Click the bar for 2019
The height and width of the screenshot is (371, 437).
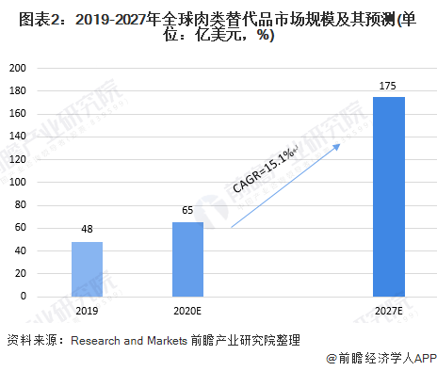[x=87, y=269]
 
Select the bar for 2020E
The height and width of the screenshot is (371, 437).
[x=187, y=259]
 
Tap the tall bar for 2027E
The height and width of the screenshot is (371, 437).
[x=389, y=197]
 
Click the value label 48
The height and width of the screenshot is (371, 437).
[x=87, y=229]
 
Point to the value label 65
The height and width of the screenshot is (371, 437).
[x=187, y=210]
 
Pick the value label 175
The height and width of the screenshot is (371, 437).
[x=388, y=86]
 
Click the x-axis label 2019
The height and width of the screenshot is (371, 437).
[x=87, y=311]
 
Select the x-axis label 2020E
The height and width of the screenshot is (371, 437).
[x=187, y=311]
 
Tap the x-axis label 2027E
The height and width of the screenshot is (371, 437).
[x=389, y=311]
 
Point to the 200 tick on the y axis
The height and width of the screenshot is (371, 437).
[x=18, y=68]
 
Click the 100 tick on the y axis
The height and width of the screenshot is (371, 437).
[x=18, y=182]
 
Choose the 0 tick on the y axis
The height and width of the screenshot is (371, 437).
[x=24, y=296]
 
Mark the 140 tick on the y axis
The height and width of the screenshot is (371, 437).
[x=18, y=137]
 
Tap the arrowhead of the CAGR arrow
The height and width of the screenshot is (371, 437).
[x=336, y=147]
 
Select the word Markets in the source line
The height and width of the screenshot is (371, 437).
[x=167, y=341]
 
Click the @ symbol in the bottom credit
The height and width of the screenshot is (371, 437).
[x=332, y=359]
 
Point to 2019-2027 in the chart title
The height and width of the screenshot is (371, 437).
[x=111, y=20]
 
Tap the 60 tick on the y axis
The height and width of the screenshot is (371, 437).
[x=21, y=228]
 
